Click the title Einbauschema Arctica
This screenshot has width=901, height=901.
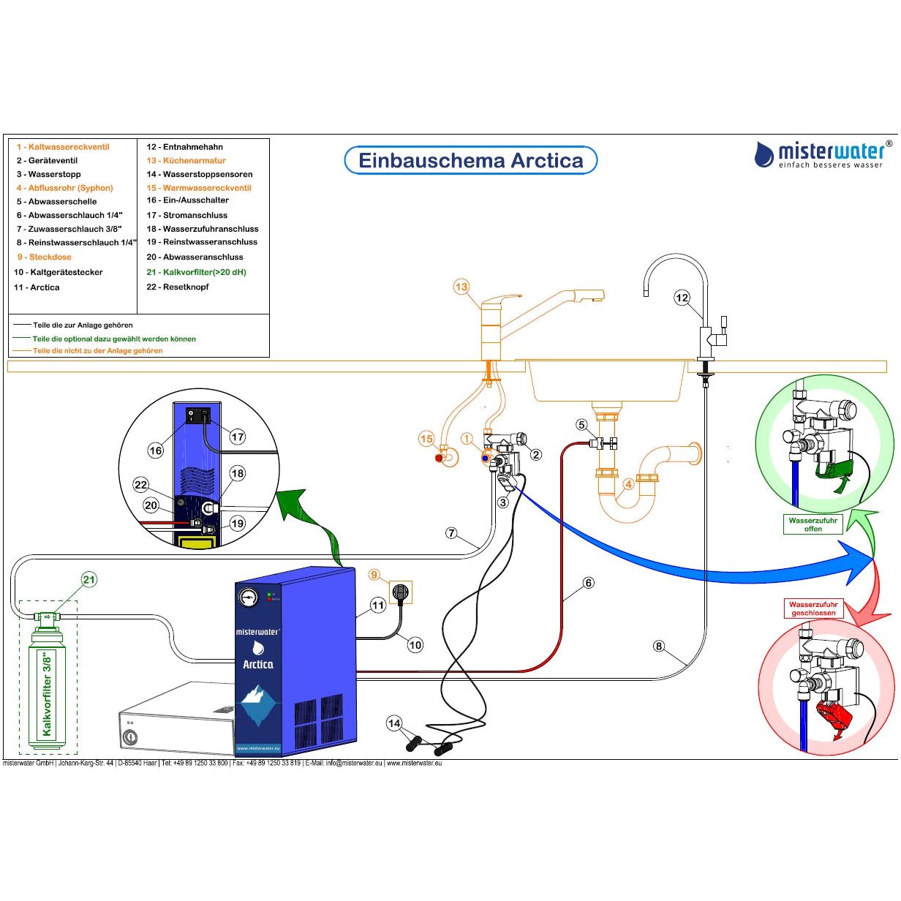(x=471, y=160)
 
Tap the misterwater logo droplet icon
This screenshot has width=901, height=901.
(x=764, y=154)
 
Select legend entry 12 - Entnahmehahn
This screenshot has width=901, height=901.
(x=184, y=147)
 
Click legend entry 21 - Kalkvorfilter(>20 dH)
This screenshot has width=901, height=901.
(x=196, y=272)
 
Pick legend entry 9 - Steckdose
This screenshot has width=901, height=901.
(x=45, y=257)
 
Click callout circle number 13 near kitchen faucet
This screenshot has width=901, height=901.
(x=461, y=287)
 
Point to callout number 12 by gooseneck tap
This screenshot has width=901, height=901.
(x=682, y=298)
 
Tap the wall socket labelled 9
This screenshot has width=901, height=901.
(x=399, y=591)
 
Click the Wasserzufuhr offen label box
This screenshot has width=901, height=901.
(x=813, y=524)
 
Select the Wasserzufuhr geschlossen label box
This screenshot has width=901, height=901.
(x=813, y=608)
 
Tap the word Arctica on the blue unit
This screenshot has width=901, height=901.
(x=257, y=664)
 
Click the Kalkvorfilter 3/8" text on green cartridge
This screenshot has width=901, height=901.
(x=48, y=693)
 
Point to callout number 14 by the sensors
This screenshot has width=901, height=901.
(x=394, y=723)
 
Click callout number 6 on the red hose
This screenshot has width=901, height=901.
(x=589, y=583)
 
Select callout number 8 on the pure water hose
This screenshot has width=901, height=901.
(x=659, y=646)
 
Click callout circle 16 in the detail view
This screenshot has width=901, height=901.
(x=156, y=450)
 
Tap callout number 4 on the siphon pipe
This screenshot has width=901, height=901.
(x=628, y=483)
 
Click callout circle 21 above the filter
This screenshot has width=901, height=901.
(x=88, y=580)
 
